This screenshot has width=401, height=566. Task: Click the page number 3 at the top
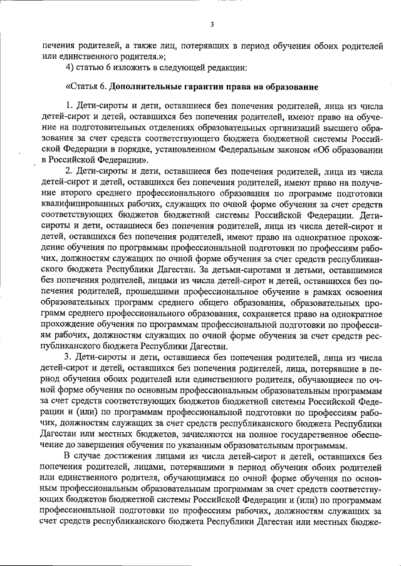click(x=212, y=24)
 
